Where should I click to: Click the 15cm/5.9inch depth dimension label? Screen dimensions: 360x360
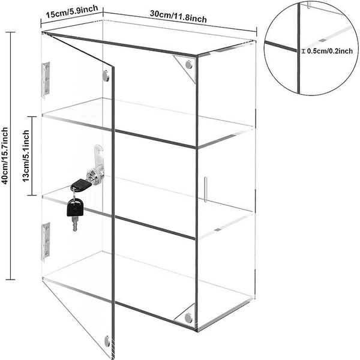[72, 12]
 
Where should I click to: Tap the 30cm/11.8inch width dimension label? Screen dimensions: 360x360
[178, 17]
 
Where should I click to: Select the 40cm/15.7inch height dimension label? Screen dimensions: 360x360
[5, 155]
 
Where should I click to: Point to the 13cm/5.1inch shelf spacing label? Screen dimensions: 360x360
[26, 156]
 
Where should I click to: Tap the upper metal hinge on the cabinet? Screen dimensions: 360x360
[46, 80]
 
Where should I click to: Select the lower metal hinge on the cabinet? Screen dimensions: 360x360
[46, 242]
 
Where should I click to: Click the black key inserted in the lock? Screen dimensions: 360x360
[81, 185]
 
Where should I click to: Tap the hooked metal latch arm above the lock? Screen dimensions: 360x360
[98, 156]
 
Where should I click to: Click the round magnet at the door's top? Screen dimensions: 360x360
[106, 76]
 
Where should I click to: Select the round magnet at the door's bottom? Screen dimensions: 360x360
[107, 341]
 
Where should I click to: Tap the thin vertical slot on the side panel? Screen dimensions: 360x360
[205, 190]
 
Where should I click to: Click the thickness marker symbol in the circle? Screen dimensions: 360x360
[304, 51]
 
